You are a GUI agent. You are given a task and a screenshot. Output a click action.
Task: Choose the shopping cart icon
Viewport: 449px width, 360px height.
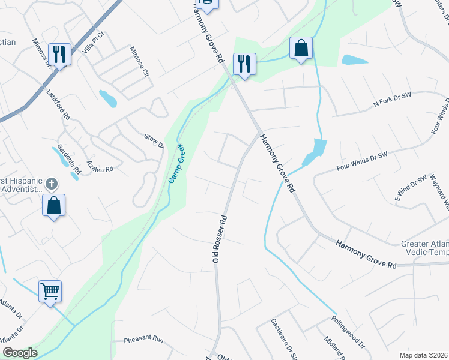click(x=50, y=292)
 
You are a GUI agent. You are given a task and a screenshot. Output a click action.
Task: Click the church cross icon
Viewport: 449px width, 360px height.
click(x=52, y=184)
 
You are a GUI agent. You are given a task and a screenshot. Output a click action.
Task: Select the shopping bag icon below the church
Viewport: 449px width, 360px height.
click(x=54, y=205)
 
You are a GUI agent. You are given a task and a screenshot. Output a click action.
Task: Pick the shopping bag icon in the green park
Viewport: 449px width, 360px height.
click(x=300, y=49)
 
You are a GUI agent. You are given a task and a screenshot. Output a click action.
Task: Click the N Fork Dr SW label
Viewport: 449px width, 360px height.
click(x=392, y=100)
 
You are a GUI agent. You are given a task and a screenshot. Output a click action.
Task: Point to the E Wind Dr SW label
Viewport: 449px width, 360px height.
click(x=411, y=187)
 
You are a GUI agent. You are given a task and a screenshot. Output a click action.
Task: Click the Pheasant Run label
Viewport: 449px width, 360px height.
click(x=143, y=340)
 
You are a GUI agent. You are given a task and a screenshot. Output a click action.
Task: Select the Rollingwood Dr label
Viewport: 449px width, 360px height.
click(x=347, y=331)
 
